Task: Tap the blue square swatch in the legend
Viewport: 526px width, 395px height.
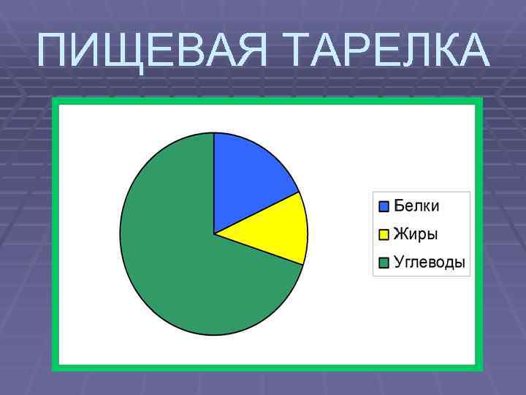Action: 384,206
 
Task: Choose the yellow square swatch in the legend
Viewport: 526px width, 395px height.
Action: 384,235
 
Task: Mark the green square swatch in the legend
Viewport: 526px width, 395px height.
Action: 384,263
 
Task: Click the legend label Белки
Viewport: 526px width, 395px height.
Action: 416,206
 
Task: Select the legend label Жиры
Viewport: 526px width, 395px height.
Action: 416,235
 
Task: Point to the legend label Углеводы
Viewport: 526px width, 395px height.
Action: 429,263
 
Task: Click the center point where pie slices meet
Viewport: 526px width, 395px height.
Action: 214,234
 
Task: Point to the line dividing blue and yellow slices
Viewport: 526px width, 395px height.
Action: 256,214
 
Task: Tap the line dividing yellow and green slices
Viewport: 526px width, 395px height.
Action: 259,249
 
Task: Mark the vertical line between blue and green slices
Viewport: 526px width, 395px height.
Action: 214,183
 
